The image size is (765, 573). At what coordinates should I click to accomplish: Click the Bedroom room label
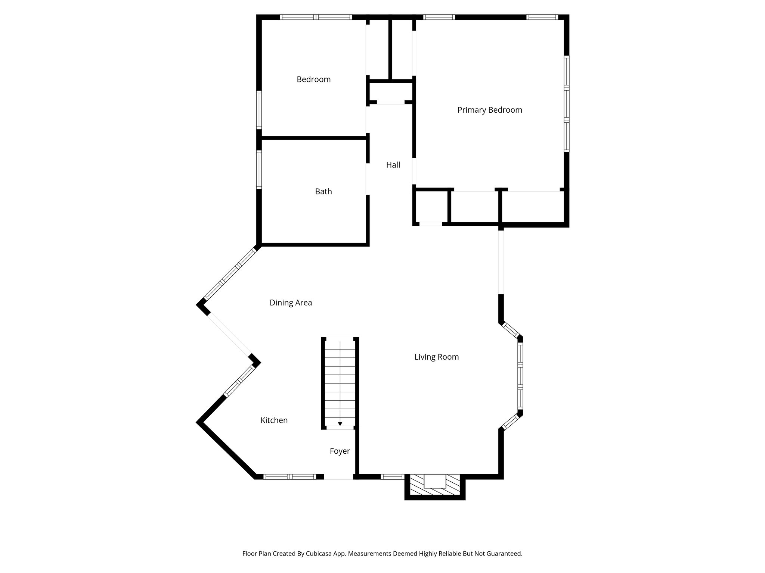click(313, 79)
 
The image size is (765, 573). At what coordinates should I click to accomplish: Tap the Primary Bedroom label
click(489, 110)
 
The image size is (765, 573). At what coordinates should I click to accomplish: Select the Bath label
click(323, 192)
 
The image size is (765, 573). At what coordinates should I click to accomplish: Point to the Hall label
click(393, 165)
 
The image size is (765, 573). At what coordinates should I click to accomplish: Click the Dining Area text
click(291, 303)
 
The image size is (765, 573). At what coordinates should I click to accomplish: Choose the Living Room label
click(436, 357)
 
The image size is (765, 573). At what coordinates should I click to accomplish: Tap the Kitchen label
click(274, 420)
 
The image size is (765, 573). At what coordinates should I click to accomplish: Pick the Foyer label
click(340, 451)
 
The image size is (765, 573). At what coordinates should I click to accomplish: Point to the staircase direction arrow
click(340, 424)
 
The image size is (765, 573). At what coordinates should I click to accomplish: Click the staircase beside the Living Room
click(340, 382)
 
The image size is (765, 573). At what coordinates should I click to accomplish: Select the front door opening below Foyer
click(338, 476)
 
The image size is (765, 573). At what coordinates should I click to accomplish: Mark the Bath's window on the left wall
click(258, 169)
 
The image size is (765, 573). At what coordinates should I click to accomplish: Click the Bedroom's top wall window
click(316, 17)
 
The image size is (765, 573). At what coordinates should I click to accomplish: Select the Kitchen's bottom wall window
click(289, 476)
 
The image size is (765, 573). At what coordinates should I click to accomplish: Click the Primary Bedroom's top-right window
click(542, 17)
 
